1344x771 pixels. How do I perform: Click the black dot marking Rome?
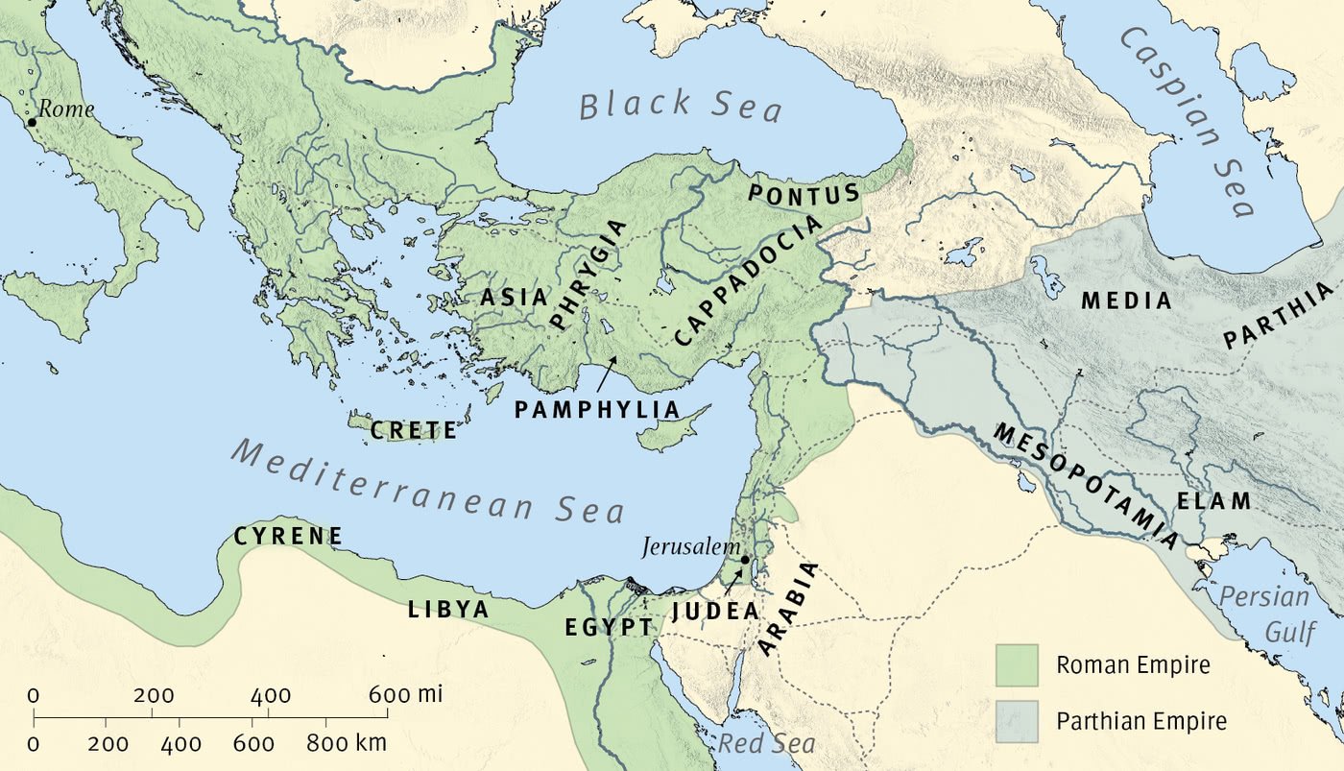32,122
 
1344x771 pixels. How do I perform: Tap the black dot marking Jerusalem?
744,559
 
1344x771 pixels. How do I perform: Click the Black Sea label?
682,105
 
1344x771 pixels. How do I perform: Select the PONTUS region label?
804,194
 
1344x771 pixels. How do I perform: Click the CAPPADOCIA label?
749,279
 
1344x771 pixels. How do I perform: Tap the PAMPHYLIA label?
596,410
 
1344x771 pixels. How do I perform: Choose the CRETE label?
414,431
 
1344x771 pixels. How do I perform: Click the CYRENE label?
288,536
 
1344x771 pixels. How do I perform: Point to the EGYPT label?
609,628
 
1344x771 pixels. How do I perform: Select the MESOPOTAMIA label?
1086,486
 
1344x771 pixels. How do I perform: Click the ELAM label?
1214,501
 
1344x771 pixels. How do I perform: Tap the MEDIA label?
1126,301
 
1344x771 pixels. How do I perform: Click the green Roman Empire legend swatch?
1017,665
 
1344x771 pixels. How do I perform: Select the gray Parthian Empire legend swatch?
1017,720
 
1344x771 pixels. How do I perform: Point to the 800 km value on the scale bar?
346,743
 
